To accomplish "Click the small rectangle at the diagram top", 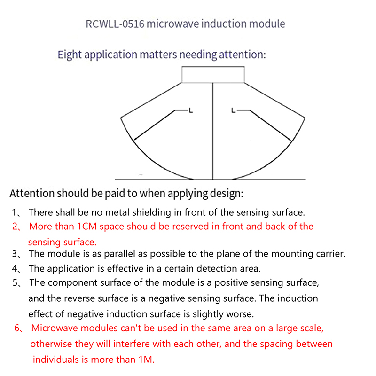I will point(213,75).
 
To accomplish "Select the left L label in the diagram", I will point(190,111).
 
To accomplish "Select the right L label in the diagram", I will point(234,111).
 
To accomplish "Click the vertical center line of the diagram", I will point(213,132).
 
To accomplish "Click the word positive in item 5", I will point(238,283).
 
